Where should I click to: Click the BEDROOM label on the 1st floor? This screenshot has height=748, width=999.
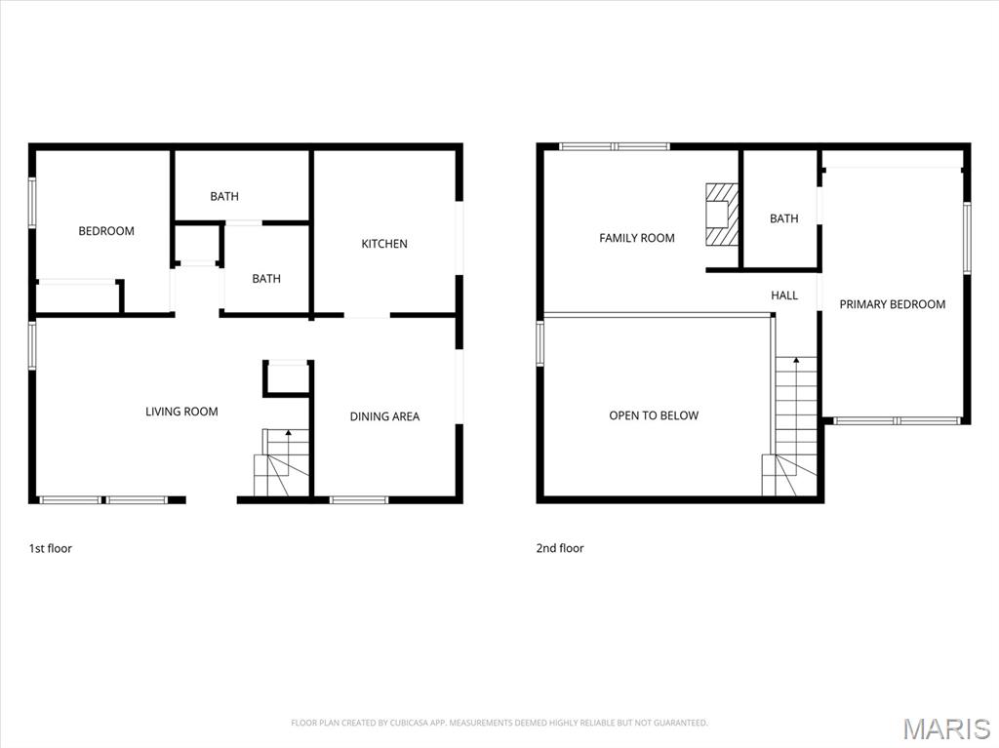click(x=106, y=231)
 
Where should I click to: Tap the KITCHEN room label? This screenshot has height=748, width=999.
click(x=384, y=244)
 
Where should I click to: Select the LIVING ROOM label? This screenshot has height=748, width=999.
click(x=181, y=412)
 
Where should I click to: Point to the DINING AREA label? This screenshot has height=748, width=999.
click(x=384, y=416)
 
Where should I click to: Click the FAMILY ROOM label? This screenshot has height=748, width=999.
click(x=636, y=238)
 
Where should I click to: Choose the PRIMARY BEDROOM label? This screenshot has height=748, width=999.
click(x=892, y=304)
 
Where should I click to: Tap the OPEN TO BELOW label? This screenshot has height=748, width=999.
click(x=654, y=415)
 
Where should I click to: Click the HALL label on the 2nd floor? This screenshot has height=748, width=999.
click(x=784, y=295)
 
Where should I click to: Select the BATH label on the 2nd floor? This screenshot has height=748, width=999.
click(x=783, y=218)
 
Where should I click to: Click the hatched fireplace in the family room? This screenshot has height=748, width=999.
click(x=722, y=215)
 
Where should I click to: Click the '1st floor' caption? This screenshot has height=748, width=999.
click(x=50, y=548)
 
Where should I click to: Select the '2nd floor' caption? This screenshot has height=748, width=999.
click(x=560, y=548)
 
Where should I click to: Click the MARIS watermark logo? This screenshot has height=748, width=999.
click(x=945, y=728)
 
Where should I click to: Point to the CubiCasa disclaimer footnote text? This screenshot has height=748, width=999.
click(x=499, y=723)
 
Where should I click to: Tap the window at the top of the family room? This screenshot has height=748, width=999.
click(x=615, y=146)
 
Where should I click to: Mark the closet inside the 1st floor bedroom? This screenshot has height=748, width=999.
click(x=77, y=296)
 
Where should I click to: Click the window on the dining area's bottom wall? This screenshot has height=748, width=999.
click(x=359, y=500)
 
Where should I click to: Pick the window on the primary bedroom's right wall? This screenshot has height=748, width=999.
click(x=967, y=237)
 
